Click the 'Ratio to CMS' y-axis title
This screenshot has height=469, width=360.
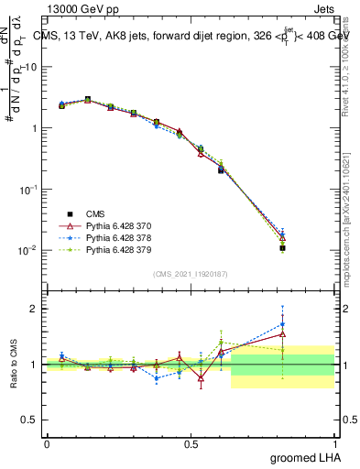(x=14, y=365)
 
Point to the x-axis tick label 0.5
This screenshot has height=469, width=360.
(x=191, y=443)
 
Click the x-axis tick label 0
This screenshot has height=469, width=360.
(x=47, y=443)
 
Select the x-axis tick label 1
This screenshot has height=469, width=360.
(x=335, y=443)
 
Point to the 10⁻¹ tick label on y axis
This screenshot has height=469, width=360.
(x=29, y=189)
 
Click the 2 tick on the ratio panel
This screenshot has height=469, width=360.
(x=36, y=309)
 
